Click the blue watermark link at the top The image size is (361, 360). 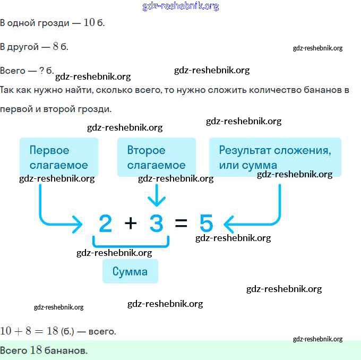click(180, 6)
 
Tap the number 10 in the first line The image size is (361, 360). click(89, 23)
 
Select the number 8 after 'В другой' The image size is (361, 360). click(56, 46)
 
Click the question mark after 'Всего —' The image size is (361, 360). click(41, 70)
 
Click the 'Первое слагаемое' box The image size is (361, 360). click(59, 157)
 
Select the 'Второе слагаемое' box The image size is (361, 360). click(157, 157)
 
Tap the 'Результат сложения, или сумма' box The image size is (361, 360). click(275, 157)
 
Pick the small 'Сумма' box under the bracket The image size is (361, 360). click(130, 271)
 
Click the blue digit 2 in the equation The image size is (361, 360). click(106, 223)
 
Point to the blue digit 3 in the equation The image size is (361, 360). click(156, 223)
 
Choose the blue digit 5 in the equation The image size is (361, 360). click(207, 223)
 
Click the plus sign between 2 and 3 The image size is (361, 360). click(131, 223)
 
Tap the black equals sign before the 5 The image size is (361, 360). click(181, 223)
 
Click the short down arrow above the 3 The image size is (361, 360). click(157, 195)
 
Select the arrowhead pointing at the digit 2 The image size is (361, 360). click(78, 225)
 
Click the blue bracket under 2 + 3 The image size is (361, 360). click(131, 245)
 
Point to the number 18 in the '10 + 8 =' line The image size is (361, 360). click(53, 331)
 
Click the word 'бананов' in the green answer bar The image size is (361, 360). click(66, 350)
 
